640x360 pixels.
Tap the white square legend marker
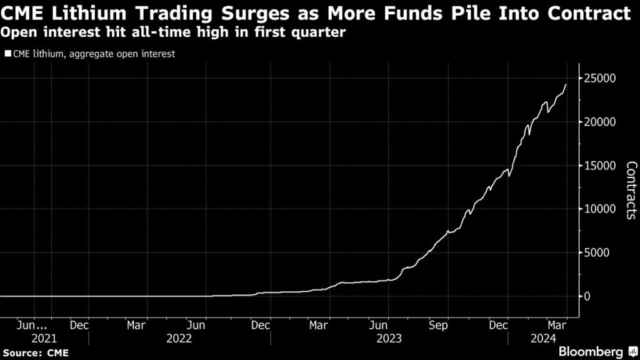(x=7, y=54)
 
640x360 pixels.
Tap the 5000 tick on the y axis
(x=597, y=252)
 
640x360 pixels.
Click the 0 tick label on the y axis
(x=587, y=296)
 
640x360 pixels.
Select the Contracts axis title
(x=631, y=191)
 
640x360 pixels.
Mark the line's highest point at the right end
(x=566, y=84)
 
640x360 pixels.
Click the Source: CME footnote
(x=35, y=352)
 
